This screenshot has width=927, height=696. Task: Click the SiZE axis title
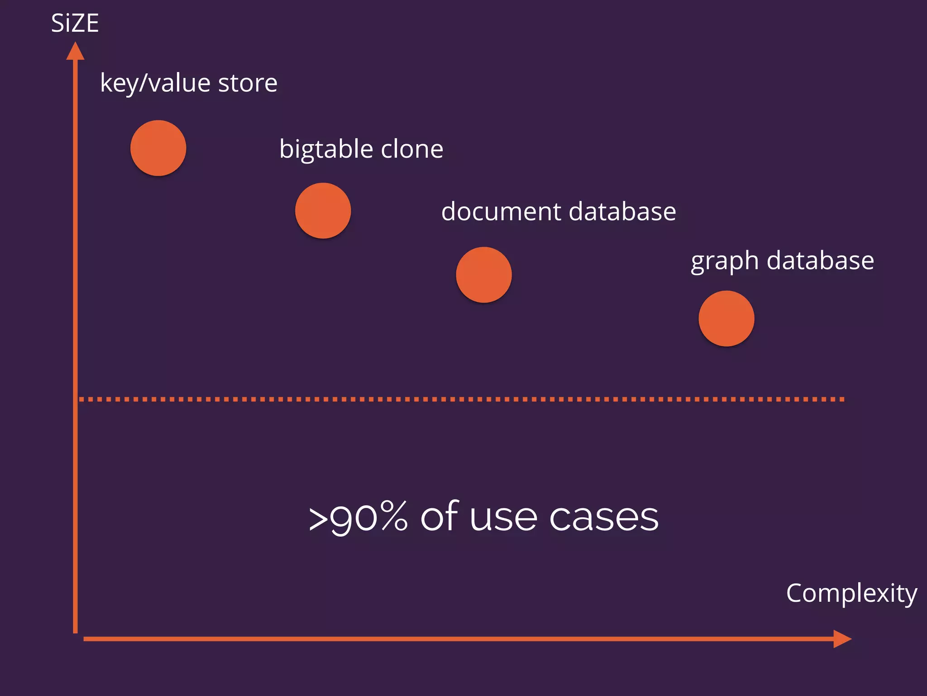75,23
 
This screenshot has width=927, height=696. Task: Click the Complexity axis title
851,593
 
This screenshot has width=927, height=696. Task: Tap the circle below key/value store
158,148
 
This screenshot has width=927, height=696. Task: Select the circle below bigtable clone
323,211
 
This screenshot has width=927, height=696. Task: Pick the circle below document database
484,275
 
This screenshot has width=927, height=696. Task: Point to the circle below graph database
726,319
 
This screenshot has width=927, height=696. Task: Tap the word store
248,83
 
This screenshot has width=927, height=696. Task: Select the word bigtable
326,150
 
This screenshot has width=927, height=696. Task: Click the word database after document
622,211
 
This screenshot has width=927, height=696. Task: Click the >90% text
358,517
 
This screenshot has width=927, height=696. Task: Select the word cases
604,517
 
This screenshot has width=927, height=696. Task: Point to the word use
503,517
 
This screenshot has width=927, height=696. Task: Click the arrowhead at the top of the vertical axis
75,51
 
